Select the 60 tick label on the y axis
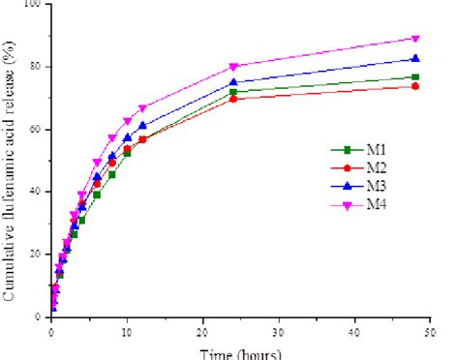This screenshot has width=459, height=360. point(38,130)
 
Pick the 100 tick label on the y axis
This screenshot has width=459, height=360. point(35,5)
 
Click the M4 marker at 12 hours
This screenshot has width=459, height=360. point(142,108)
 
